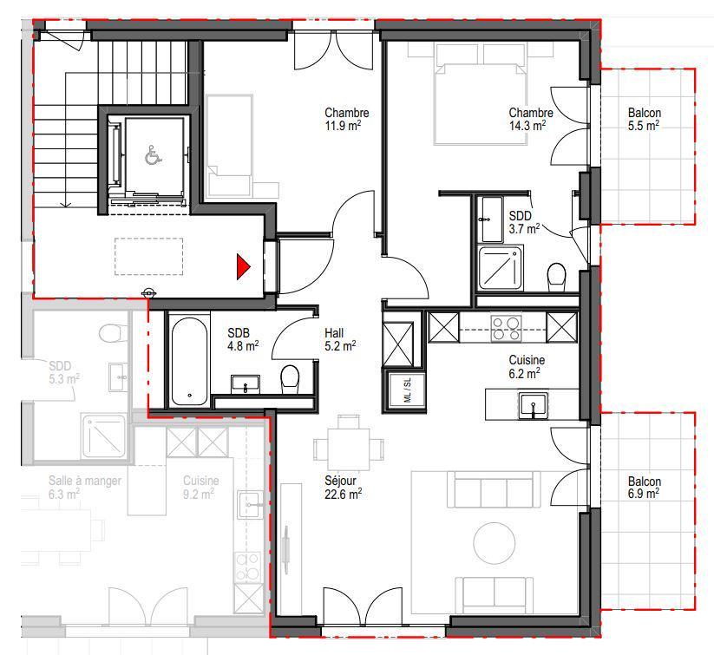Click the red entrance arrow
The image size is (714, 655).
pyautogui.click(x=242, y=266)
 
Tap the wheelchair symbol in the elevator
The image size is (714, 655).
pyautogui.click(x=154, y=155)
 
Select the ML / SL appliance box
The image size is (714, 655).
pyautogui.click(x=407, y=390)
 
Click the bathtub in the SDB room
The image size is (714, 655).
pyautogui.click(x=189, y=361)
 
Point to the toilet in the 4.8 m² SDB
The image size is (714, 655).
pyautogui.click(x=290, y=378)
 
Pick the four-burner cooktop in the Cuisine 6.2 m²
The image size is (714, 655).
pyautogui.click(x=506, y=329)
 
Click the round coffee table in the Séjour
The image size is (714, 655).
pyautogui.click(x=495, y=543)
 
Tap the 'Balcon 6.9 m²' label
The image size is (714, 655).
pyautogui.click(x=644, y=487)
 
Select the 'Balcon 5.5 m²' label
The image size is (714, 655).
pyautogui.click(x=644, y=119)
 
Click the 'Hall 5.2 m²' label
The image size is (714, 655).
pyautogui.click(x=340, y=339)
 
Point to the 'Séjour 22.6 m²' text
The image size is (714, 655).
pyautogui.click(x=343, y=487)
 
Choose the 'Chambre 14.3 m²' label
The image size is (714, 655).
pyautogui.click(x=531, y=119)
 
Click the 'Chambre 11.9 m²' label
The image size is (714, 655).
pyautogui.click(x=346, y=119)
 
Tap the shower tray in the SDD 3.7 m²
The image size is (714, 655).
pyautogui.click(x=500, y=268)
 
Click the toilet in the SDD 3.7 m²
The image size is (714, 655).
pyautogui.click(x=556, y=277)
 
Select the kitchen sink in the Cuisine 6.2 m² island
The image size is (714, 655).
pyautogui.click(x=534, y=405)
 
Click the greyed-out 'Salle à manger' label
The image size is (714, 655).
pyautogui.click(x=85, y=481)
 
